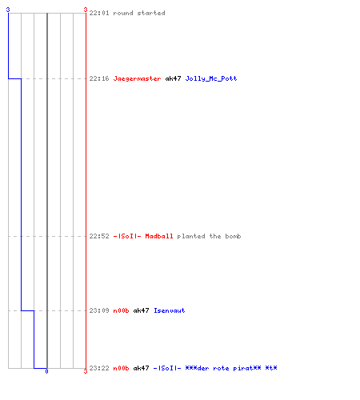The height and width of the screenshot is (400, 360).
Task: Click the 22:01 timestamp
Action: click(x=99, y=13)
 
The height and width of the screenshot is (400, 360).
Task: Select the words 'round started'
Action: click(x=139, y=13)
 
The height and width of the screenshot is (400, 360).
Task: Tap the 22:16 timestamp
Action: click(x=99, y=78)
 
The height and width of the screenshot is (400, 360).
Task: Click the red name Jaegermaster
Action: click(x=137, y=78)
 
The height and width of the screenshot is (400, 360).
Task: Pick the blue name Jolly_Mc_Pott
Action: click(x=211, y=78)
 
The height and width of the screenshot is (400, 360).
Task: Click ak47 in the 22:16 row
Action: click(x=173, y=78)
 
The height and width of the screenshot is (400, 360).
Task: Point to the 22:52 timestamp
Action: click(x=99, y=236)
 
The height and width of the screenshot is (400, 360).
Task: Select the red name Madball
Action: click(x=159, y=236)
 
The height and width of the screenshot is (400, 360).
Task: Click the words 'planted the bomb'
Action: click(x=209, y=236)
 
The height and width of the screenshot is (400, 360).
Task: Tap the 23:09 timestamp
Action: click(x=99, y=310)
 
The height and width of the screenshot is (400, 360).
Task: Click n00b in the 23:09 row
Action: click(x=121, y=310)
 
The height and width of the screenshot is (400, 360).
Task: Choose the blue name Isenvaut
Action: click(x=170, y=310)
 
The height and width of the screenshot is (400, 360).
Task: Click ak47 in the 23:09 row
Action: click(x=141, y=310)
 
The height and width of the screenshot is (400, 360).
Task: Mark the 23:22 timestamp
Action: click(x=99, y=368)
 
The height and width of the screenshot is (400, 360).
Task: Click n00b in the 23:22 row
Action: click(x=121, y=368)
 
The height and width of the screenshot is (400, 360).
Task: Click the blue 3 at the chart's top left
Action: click(x=8, y=10)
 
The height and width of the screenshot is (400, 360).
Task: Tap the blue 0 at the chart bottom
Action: click(x=46, y=371)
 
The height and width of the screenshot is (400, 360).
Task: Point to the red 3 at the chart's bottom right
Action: click(x=86, y=371)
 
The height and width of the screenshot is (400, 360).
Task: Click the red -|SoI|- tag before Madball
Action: click(x=127, y=236)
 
